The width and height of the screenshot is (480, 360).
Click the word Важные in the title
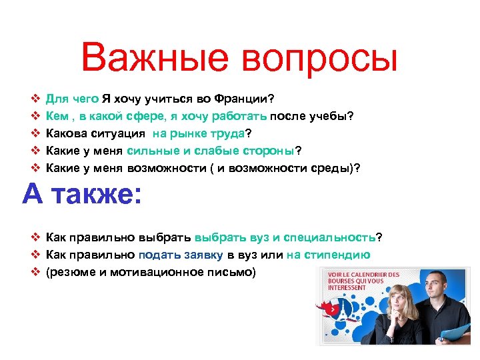(155, 58)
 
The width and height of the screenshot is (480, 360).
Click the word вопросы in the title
(319, 58)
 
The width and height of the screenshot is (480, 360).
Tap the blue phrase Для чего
(72, 99)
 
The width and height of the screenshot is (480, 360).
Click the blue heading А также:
(82, 195)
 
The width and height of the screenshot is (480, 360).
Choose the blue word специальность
(329, 237)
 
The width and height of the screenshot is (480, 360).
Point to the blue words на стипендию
(329, 255)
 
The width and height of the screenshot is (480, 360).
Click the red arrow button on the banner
(329, 309)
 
